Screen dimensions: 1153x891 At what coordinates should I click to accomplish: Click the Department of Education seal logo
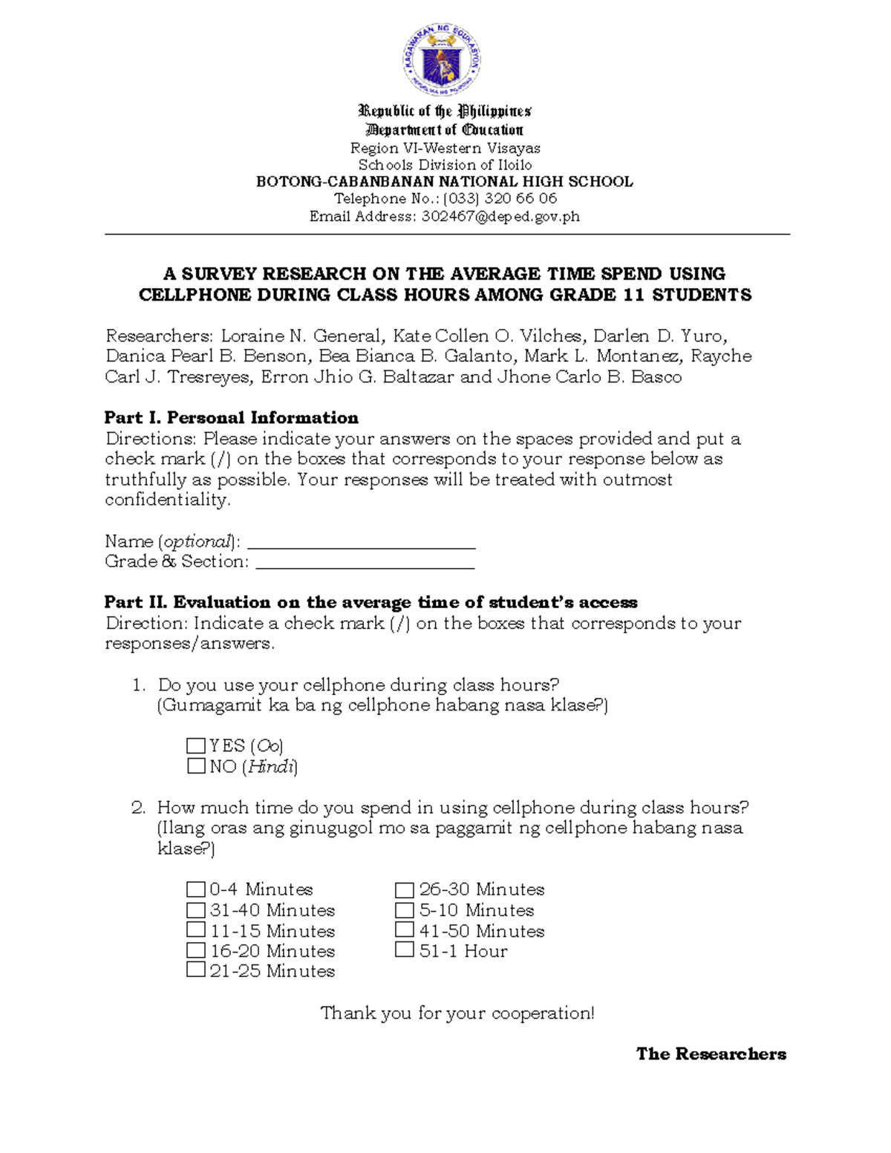443,59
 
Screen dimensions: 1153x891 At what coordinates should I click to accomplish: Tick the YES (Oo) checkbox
196,745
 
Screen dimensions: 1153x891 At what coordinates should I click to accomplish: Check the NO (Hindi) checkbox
196,765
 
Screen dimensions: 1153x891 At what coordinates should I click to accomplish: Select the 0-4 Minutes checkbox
196,889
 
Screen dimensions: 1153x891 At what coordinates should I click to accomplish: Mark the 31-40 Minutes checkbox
196,909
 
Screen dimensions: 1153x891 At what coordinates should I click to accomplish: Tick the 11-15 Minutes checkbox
196,930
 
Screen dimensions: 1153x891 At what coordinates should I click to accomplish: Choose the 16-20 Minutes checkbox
196,950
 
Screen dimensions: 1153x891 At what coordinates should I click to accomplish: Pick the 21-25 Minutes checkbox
196,970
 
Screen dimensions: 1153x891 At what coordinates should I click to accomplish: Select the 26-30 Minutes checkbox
405,889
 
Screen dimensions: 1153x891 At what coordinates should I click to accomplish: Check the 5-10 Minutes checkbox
405,909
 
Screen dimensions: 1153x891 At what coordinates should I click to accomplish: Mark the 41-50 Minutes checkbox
405,930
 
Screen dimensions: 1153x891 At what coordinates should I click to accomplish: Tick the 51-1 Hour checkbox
405,950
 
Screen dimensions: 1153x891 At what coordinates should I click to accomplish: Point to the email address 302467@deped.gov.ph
500,217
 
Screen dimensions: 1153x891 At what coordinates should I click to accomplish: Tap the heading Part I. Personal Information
232,417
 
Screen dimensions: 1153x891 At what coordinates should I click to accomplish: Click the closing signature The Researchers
711,1054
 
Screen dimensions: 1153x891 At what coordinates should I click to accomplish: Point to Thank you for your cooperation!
457,1013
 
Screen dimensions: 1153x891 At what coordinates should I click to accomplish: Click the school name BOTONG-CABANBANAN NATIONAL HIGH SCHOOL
444,181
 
